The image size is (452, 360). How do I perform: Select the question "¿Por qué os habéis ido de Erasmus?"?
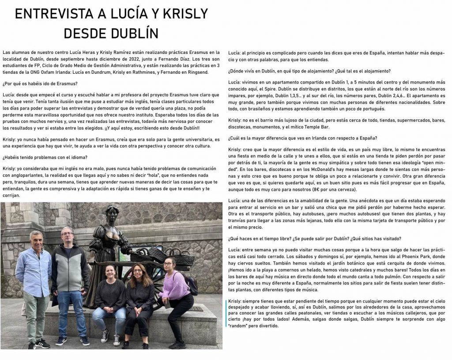[x=40, y=84]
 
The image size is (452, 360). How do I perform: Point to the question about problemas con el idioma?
[x=45, y=157]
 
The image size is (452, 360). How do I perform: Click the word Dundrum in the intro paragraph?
[x=119, y=72]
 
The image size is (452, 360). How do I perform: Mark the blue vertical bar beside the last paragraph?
[x=226, y=313]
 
